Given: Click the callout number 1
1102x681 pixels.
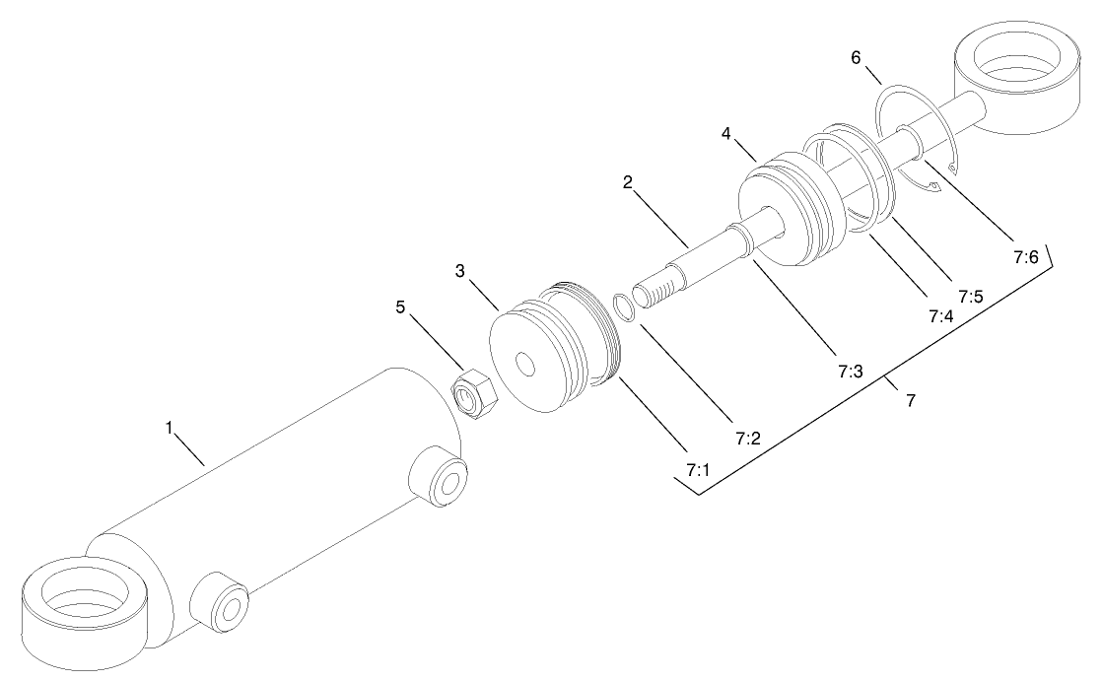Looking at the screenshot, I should tap(169, 429).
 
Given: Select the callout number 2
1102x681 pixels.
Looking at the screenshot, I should tap(626, 183).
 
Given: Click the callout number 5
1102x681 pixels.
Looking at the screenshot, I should tap(400, 306).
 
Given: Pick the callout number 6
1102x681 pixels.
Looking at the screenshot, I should tap(858, 58).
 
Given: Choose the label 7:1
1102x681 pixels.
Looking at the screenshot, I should tap(698, 470).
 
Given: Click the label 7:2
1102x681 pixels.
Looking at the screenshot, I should tap(748, 438).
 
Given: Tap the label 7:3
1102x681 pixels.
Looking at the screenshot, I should tap(850, 372).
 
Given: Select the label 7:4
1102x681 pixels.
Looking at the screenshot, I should tap(939, 317).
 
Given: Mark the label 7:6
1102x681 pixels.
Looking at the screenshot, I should tap(1025, 257).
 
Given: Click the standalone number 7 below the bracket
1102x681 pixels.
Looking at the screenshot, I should tap(910, 401).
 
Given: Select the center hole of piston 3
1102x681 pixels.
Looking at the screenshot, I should tap(526, 366).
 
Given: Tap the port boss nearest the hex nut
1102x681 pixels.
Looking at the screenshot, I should tap(439, 476).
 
